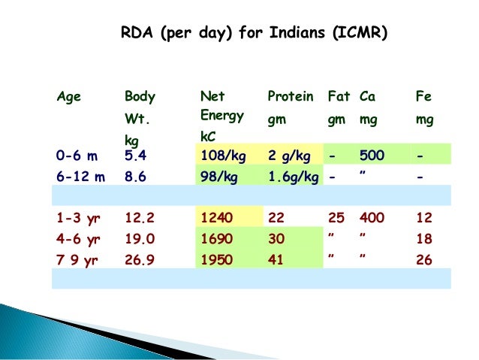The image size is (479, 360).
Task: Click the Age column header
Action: tap(69, 97)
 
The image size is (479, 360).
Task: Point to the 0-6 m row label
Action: tap(77, 156)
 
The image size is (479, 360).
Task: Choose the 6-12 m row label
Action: tap(80, 177)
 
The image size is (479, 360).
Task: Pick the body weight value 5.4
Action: tap(135, 156)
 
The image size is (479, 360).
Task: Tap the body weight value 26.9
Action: tap(139, 260)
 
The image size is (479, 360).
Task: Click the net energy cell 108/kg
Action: tap(221, 156)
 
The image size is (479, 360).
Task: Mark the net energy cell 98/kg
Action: tap(218, 177)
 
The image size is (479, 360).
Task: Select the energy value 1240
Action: tap(216, 219)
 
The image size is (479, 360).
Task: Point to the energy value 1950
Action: tap(216, 260)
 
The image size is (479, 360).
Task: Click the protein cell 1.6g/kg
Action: tap(293, 177)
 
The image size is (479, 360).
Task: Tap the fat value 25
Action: tap(336, 219)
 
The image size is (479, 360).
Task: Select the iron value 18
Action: tap(423, 240)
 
